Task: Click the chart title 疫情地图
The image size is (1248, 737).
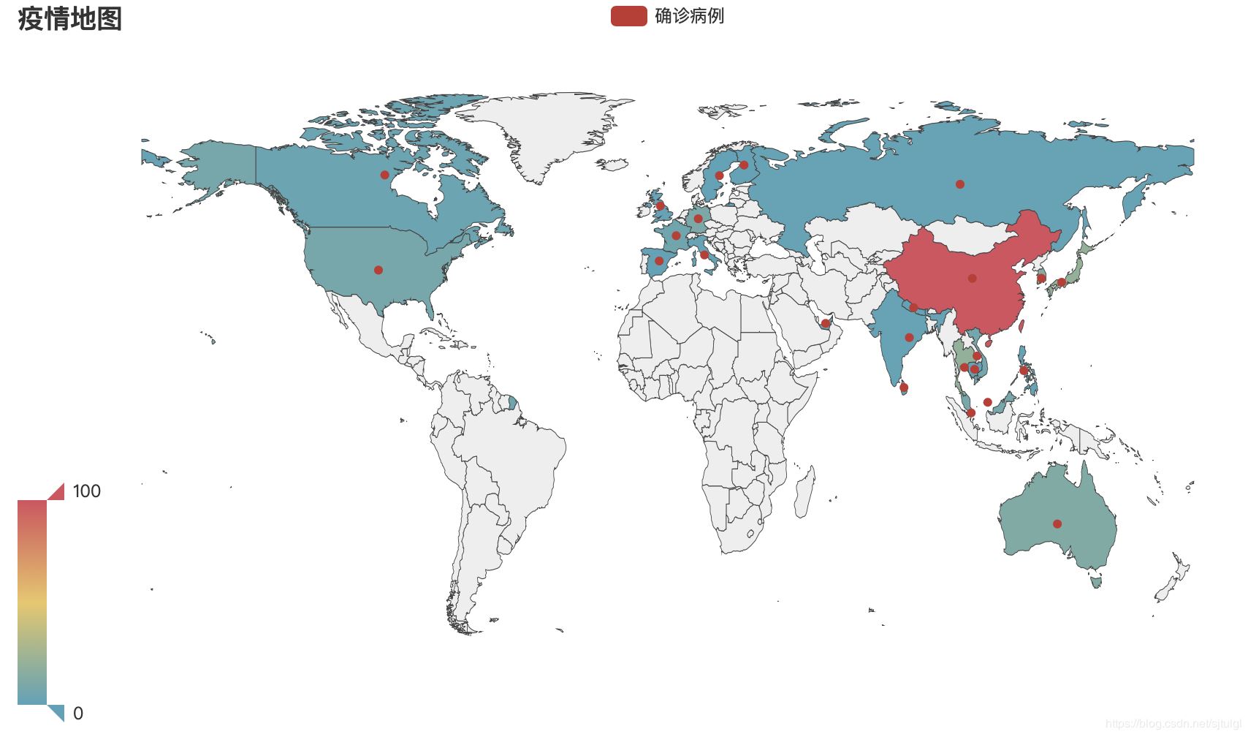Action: [69, 19]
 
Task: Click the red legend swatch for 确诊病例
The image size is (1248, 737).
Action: [628, 16]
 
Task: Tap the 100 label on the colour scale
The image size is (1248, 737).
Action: [87, 491]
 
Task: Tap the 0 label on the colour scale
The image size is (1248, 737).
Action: [78, 714]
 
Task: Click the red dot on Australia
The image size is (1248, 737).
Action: [1057, 524]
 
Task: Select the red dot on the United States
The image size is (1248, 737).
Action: [378, 270]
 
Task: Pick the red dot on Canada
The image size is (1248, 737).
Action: [384, 175]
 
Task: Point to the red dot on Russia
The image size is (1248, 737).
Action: [959, 184]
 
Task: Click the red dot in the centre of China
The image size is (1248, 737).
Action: [972, 278]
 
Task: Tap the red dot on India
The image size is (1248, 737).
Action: [909, 337]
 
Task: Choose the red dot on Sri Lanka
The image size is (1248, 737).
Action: [904, 388]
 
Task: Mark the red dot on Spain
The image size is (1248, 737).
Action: [659, 260]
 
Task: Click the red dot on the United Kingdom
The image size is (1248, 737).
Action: [659, 206]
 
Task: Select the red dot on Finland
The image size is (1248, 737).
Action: [744, 165]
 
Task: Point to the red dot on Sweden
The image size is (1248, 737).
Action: [719, 175]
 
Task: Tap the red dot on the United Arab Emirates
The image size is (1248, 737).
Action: [826, 323]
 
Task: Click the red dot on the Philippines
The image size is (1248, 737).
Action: [1024, 370]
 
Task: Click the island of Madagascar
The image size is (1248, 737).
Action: [804, 494]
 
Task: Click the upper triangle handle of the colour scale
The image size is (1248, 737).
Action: [57, 491]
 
